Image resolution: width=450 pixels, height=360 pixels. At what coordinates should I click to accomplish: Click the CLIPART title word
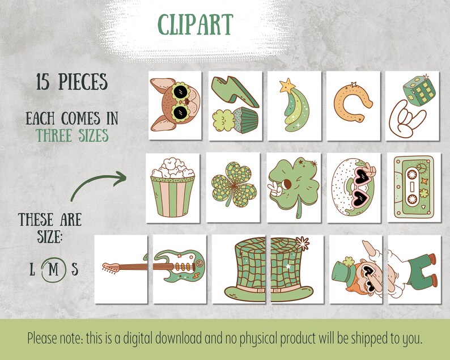tap(195, 24)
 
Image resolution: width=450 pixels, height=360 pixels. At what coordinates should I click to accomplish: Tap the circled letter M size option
tap(53, 269)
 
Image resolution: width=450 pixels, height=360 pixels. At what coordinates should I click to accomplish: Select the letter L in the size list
tap(32, 269)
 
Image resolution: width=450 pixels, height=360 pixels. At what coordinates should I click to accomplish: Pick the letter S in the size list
tap(75, 269)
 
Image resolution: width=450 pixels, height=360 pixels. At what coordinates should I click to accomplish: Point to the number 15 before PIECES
tap(43, 82)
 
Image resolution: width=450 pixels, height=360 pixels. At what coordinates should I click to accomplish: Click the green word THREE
tap(54, 135)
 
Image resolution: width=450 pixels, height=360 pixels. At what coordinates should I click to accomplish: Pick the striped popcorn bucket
tap(172, 187)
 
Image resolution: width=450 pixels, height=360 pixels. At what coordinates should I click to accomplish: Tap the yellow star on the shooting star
tap(287, 86)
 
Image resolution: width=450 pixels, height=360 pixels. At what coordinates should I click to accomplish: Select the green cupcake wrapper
tap(245, 120)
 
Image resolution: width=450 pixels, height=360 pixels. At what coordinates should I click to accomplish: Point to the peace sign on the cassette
tap(421, 168)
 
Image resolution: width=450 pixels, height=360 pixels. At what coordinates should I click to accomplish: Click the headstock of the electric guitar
tap(111, 268)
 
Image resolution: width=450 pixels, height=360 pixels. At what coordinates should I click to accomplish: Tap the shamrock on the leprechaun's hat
tap(348, 262)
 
